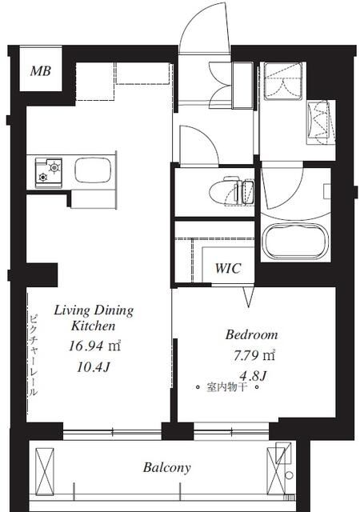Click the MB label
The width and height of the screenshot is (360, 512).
click(41, 70)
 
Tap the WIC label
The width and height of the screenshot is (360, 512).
click(228, 269)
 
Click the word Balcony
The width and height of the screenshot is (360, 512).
click(166, 467)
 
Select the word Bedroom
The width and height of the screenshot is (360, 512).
click(251, 334)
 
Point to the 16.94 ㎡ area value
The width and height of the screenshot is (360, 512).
click(94, 346)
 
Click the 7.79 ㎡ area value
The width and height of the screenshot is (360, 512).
click(254, 355)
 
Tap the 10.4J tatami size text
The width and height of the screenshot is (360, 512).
click(93, 368)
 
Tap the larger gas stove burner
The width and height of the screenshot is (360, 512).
click(54, 167)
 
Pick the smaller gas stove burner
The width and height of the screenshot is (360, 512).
click(42, 178)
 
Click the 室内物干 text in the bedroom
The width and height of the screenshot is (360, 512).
click(226, 387)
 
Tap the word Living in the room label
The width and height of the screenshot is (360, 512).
click(72, 310)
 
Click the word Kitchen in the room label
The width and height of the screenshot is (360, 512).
click(94, 326)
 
